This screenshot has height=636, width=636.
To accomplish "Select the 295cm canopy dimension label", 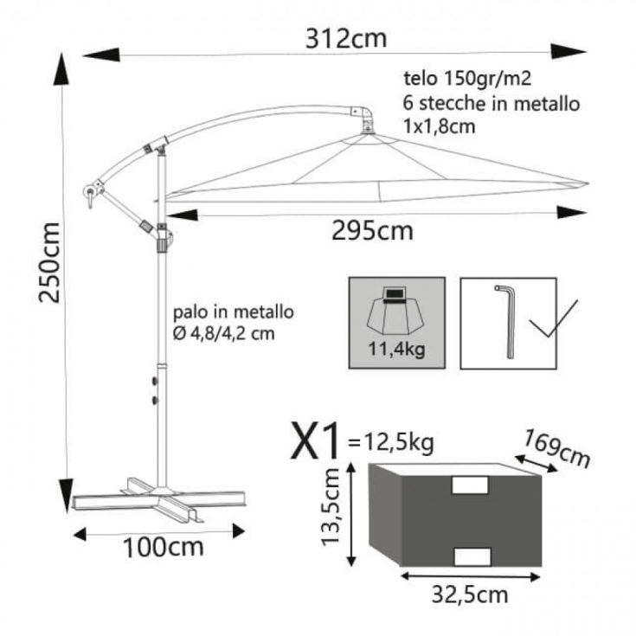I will [373, 231].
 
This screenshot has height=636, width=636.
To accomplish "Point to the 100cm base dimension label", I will [163, 547].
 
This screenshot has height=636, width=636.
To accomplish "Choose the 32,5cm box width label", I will [469, 594].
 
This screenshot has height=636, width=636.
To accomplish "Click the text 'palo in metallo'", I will [234, 312].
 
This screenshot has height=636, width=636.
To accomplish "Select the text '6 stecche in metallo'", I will [491, 103].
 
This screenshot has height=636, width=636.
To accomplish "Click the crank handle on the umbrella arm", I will [88, 194].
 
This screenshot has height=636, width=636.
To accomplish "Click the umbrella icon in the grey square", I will [395, 311].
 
